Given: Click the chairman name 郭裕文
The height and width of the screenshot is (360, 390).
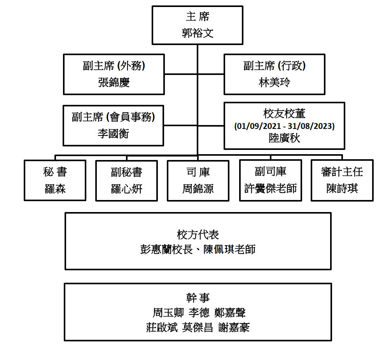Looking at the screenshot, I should pyautogui.click(x=198, y=33).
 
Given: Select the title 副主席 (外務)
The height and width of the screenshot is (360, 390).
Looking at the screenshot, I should pyautogui.click(x=114, y=66).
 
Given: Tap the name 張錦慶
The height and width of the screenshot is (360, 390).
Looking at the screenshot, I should pyautogui.click(x=114, y=83).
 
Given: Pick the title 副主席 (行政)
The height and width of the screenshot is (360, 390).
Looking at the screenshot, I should pyautogui.click(x=274, y=66).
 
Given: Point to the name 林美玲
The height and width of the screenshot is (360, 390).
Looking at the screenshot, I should pyautogui.click(x=274, y=83).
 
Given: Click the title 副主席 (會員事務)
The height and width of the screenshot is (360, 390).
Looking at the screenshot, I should pyautogui.click(x=113, y=117).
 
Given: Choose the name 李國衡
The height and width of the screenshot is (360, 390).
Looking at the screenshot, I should pyautogui.click(x=113, y=134).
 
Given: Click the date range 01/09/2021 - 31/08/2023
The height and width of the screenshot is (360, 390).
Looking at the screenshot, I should pyautogui.click(x=284, y=126).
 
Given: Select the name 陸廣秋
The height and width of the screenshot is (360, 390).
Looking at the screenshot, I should pyautogui.click(x=284, y=138).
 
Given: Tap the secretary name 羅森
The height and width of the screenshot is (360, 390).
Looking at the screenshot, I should pyautogui.click(x=55, y=189).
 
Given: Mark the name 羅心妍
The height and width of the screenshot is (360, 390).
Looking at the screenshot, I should pyautogui.click(x=126, y=189).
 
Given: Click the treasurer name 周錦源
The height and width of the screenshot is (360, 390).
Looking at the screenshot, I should pyautogui.click(x=198, y=189).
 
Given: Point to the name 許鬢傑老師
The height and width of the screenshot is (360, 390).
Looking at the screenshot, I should pyautogui.click(x=270, y=189).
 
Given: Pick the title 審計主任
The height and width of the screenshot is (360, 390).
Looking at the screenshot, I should pyautogui.click(x=342, y=172).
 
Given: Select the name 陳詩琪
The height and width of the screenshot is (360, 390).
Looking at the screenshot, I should pyautogui.click(x=342, y=189).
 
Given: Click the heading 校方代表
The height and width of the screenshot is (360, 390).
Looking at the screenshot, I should pyautogui.click(x=198, y=235).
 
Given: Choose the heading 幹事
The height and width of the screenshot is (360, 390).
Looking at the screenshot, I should pyautogui.click(x=198, y=298).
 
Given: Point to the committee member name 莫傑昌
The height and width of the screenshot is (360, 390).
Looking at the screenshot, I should pyautogui.click(x=198, y=328).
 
